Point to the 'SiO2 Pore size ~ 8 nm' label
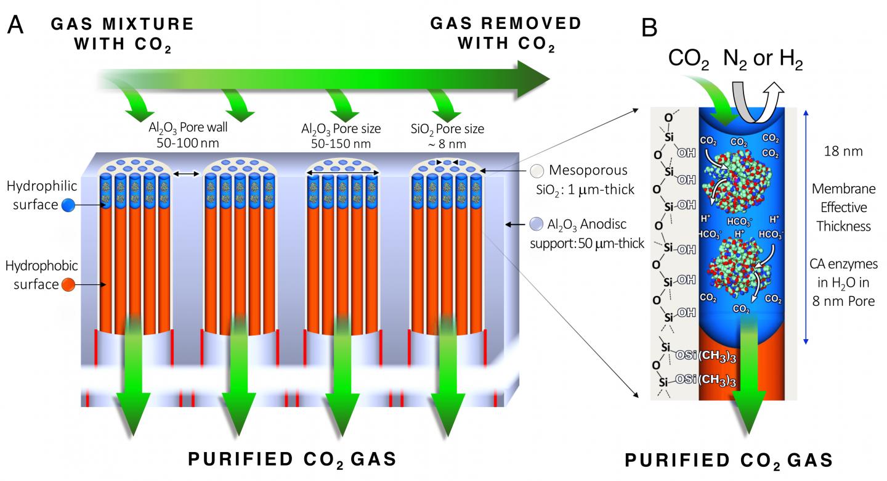447,136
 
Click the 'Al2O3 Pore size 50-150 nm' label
341,136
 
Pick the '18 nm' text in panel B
843,150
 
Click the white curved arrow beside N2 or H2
764,91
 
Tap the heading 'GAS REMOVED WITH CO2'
505,34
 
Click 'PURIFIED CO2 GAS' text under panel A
291,459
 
